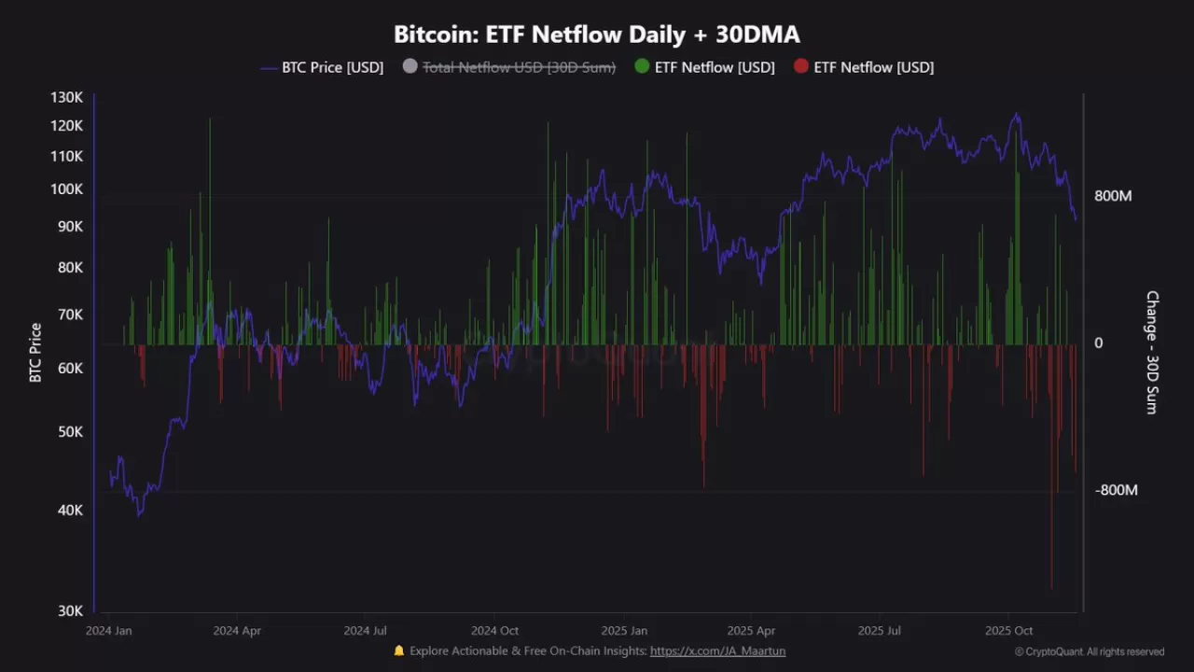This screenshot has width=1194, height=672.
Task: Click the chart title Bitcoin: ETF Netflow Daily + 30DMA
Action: pyautogui.click(x=597, y=35)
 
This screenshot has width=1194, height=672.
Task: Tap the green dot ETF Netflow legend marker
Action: pyautogui.click(x=642, y=67)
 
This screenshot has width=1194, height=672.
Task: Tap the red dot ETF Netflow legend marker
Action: pyautogui.click(x=800, y=67)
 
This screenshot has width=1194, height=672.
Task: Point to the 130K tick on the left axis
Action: pyautogui.click(x=67, y=97)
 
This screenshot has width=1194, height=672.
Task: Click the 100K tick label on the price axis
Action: pyautogui.click(x=67, y=189)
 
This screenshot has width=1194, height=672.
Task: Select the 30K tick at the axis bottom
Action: pyautogui.click(x=70, y=610)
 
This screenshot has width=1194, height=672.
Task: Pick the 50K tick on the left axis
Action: pyautogui.click(x=70, y=432)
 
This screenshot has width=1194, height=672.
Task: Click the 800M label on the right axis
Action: pyautogui.click(x=1113, y=196)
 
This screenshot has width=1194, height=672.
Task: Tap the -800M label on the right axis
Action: pyautogui.click(x=1116, y=490)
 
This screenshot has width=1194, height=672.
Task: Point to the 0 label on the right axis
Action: pyautogui.click(x=1098, y=343)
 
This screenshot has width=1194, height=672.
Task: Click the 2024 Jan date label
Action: pyautogui.click(x=109, y=631)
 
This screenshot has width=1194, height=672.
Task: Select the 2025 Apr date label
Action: pyautogui.click(x=751, y=631)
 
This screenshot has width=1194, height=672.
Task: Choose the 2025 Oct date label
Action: pyautogui.click(x=1008, y=631)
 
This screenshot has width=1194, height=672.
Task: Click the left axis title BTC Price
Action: pyautogui.click(x=35, y=353)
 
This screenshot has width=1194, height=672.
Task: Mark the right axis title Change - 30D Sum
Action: pyautogui.click(x=1152, y=353)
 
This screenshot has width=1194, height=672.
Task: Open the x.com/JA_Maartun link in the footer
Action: pyautogui.click(x=717, y=651)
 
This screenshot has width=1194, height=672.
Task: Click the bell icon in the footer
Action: pyautogui.click(x=399, y=651)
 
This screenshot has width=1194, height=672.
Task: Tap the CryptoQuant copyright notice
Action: pyautogui.click(x=1089, y=652)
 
